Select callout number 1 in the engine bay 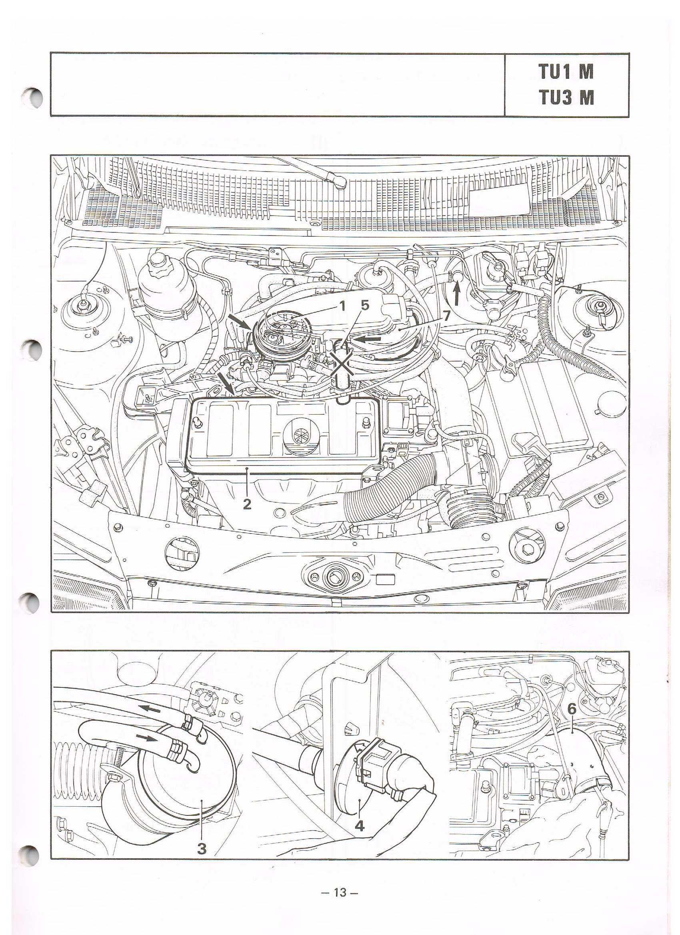tap(342, 307)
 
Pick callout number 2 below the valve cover tap(247, 504)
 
